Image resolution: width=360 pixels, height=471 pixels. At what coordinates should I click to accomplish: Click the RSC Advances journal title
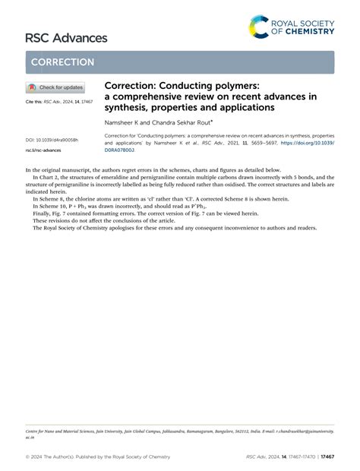tap(66, 37)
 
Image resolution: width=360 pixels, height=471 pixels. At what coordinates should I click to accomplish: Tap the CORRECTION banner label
tap(63, 62)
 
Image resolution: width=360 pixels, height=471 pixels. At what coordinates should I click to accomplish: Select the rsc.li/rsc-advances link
tap(44, 150)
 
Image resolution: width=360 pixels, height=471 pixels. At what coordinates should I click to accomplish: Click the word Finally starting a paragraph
tap(43, 213)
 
